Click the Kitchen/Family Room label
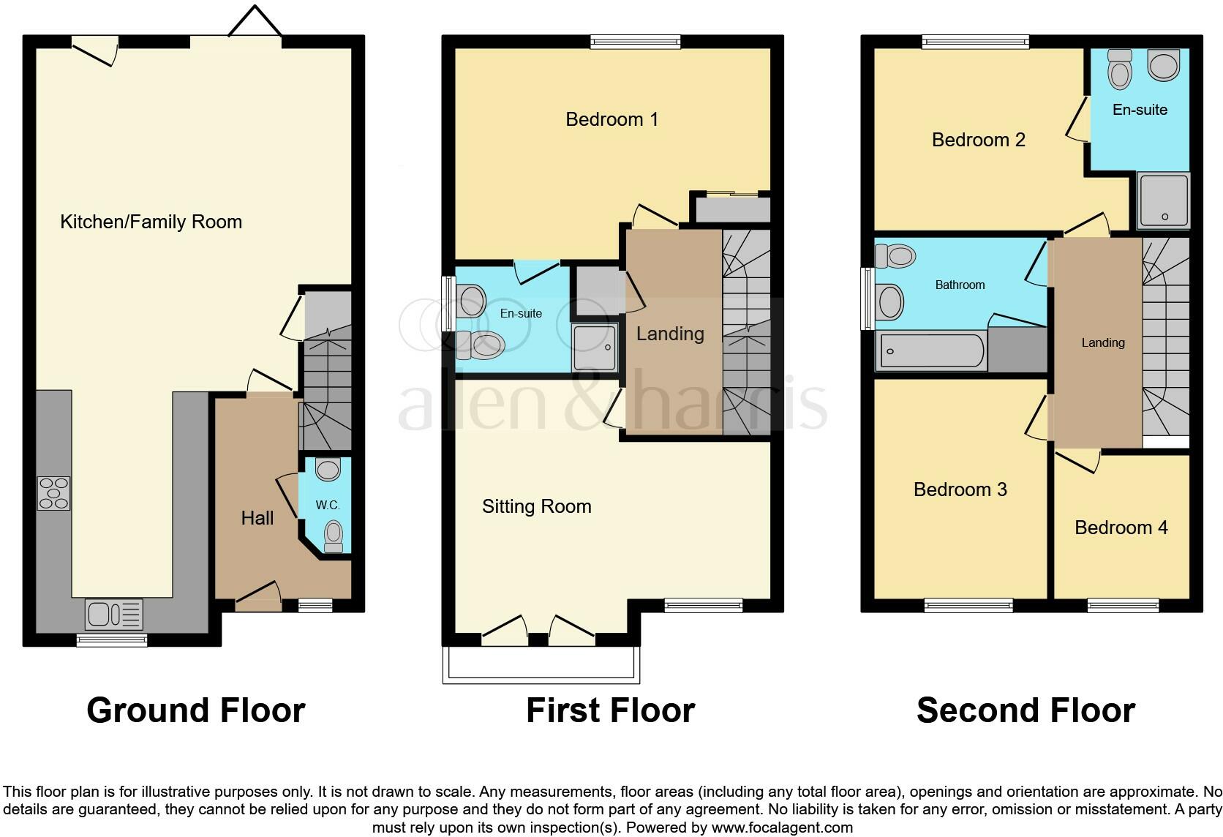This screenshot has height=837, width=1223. [x=151, y=222]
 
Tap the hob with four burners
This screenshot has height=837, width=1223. [x=53, y=493]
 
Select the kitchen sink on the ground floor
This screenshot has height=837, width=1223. [x=114, y=615]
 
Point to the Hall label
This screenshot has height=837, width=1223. [x=257, y=518]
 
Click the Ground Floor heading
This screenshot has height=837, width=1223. [x=195, y=710]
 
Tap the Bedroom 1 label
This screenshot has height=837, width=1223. [x=611, y=119]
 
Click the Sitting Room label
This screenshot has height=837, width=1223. [x=536, y=506]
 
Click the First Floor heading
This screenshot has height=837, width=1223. [x=610, y=710]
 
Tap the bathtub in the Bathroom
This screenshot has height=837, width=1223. [x=930, y=351]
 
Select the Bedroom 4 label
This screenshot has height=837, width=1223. [x=1121, y=528]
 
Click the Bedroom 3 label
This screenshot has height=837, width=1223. [x=960, y=489]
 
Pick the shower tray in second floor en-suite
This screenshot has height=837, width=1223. [x=1163, y=200]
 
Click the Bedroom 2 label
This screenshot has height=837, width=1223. [x=978, y=140]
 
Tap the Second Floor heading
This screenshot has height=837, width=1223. [x=1026, y=710]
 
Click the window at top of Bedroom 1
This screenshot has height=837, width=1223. [x=635, y=42]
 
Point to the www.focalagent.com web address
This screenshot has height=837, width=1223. [x=782, y=828]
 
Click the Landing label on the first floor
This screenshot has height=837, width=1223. [x=670, y=334]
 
